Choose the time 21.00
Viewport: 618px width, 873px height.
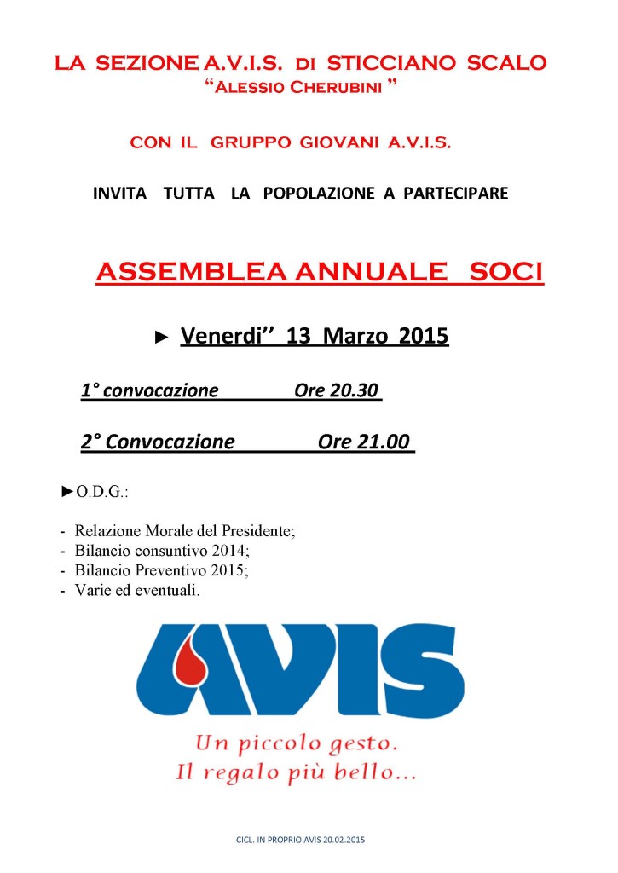[379, 442]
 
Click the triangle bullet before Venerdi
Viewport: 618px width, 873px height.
[162, 338]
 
